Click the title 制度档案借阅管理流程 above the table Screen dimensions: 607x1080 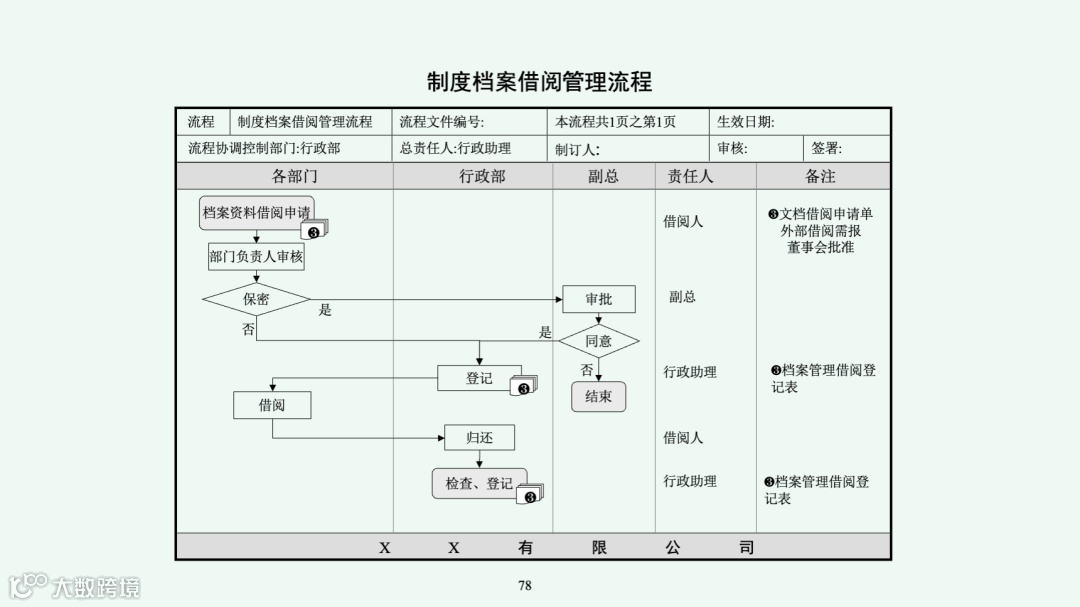[539, 81]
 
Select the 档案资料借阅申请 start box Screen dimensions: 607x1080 [256, 212]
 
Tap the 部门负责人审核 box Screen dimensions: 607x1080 [256, 257]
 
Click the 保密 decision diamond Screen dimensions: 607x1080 [256, 299]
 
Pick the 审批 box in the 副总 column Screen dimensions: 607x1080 [599, 299]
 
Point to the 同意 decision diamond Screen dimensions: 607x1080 [599, 341]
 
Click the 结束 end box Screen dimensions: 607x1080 [599, 396]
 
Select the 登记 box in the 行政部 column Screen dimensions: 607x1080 [479, 378]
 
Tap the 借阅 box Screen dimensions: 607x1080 [272, 405]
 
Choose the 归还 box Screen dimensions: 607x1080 [480, 437]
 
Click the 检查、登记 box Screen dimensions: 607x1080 [479, 484]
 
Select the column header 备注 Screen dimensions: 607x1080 [821, 176]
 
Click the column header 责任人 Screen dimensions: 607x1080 [691, 176]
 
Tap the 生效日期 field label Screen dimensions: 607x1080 [745, 122]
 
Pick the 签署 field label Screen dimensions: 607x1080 [826, 149]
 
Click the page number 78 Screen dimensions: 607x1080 [525, 586]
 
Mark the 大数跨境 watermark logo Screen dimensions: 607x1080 [75, 586]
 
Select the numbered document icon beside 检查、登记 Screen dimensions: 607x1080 [531, 494]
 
